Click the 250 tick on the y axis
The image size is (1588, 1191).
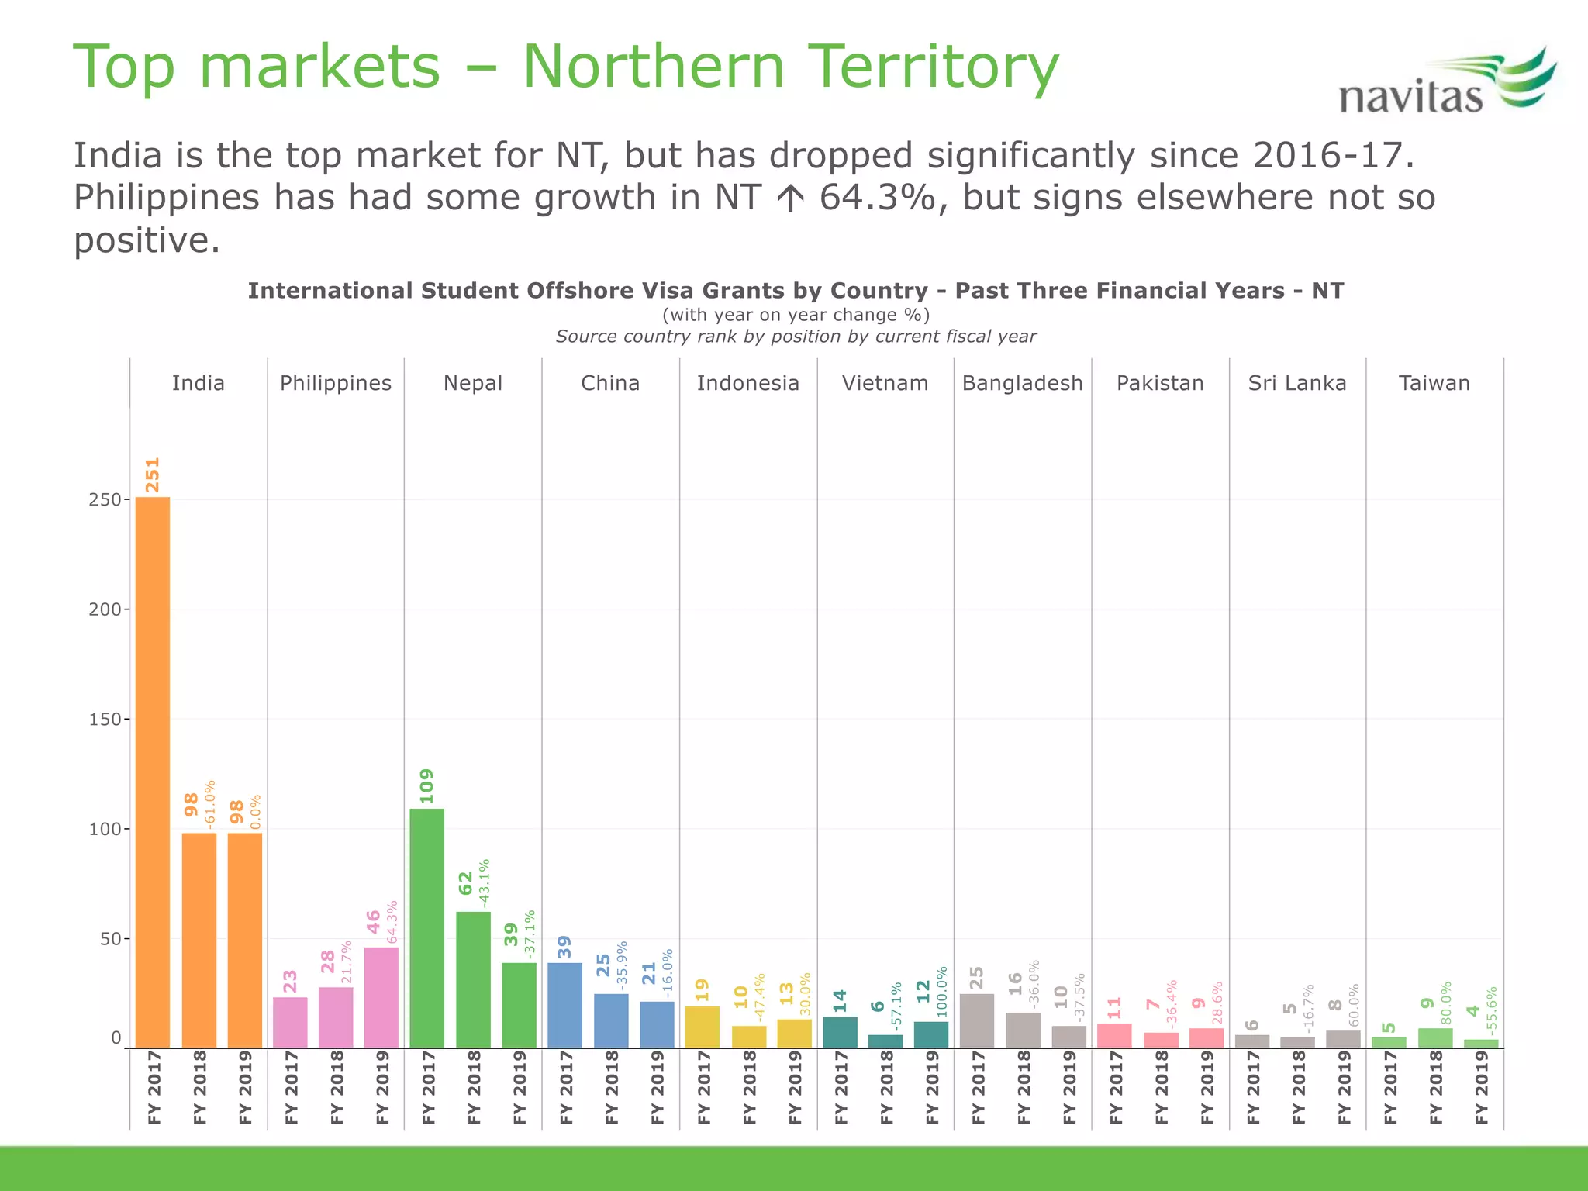point(105,500)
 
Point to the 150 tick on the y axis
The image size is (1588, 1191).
point(105,720)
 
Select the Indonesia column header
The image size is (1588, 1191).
point(747,383)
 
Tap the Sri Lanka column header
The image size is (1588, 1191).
point(1297,383)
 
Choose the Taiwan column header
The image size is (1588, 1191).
point(1434,383)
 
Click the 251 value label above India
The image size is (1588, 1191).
point(153,475)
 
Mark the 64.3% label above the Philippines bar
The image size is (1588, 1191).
point(392,921)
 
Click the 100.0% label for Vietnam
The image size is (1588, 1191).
point(942,991)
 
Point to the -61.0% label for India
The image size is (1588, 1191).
point(209,805)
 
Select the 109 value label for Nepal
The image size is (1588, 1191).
point(426,785)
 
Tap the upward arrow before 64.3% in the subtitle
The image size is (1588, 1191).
point(790,198)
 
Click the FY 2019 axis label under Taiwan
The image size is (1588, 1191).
point(1482,1087)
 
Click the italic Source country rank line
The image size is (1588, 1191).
point(796,337)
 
